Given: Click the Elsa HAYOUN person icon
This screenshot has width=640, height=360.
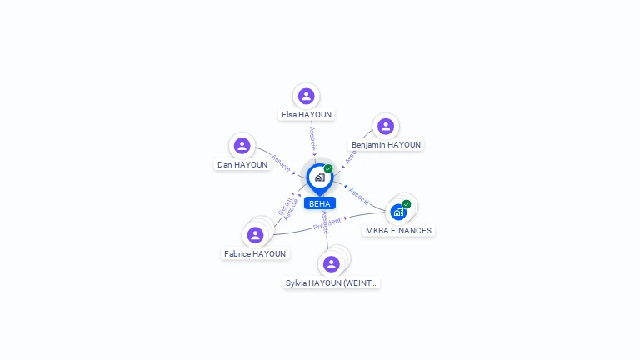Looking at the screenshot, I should click(307, 96).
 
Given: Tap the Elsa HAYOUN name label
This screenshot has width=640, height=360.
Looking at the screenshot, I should click(307, 114).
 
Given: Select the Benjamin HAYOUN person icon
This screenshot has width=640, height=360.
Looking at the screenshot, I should click(385, 126).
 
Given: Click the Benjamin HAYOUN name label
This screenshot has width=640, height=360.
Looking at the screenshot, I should click(386, 144).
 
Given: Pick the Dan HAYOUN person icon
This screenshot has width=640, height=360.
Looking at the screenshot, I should click(242, 146).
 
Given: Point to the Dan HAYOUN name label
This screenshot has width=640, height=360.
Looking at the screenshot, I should click(242, 164).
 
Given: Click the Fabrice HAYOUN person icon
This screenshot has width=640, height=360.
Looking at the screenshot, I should click(255, 235).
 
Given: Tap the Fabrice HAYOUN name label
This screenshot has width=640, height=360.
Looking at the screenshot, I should click(255, 253).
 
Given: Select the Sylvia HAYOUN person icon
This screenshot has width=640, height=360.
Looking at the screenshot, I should click(332, 264).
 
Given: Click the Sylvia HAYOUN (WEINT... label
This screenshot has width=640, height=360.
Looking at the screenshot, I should click(332, 282).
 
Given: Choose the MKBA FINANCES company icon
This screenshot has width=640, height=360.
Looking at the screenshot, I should click(398, 212).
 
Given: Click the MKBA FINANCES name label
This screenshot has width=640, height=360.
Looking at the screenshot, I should click(399, 230).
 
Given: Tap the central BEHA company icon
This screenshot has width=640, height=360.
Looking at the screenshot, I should click(319, 177).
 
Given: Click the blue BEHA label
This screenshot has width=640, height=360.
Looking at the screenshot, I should click(319, 202).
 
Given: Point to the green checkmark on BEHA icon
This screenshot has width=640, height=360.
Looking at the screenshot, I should click(328, 168).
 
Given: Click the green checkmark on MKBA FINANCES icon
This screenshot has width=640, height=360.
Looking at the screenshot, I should click(407, 204).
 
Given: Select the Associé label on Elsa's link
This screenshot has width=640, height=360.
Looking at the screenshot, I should click(312, 137).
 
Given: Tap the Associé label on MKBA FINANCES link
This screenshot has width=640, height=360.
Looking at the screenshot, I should click(358, 196).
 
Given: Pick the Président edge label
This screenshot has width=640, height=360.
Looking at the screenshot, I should click(327, 224).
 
